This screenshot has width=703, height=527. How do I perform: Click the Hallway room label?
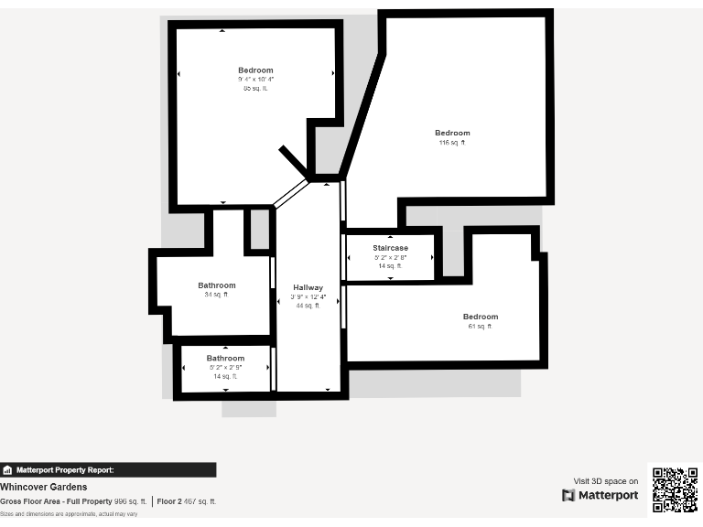pyautogui.click(x=308, y=287)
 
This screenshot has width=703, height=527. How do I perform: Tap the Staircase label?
pyautogui.click(x=390, y=248)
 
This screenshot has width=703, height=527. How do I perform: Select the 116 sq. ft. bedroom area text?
pyautogui.click(x=452, y=143)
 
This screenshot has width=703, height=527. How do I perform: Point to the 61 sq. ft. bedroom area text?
pyautogui.click(x=480, y=327)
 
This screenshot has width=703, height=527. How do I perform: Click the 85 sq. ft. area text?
pyautogui.click(x=255, y=89)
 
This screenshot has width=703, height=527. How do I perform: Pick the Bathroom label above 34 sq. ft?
pyautogui.click(x=217, y=285)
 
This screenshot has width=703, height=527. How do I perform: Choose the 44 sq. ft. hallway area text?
pyautogui.click(x=308, y=306)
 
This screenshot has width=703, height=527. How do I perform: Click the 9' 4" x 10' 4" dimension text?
pyautogui.click(x=255, y=80)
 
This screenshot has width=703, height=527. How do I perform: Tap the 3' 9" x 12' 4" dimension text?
pyautogui.click(x=308, y=296)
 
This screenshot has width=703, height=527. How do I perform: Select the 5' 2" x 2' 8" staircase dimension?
pyautogui.click(x=390, y=257)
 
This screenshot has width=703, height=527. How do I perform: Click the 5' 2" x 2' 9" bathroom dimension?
pyautogui.click(x=225, y=367)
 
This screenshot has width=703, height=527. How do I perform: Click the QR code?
pyautogui.click(x=675, y=490)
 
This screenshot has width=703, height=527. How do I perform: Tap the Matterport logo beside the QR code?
pyautogui.click(x=600, y=495)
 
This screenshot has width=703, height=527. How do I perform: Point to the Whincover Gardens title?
pyautogui.click(x=44, y=487)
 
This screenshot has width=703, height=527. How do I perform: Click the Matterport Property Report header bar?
pyautogui.click(x=108, y=470)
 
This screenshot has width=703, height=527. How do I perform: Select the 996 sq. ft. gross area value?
pyautogui.click(x=130, y=501)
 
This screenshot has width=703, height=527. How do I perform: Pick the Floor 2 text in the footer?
pyautogui.click(x=168, y=501)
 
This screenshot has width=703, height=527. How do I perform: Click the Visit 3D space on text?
pyautogui.click(x=606, y=481)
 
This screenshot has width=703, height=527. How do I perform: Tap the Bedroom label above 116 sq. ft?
pyautogui.click(x=452, y=133)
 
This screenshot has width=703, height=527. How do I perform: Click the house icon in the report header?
pyautogui.click(x=7, y=470)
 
